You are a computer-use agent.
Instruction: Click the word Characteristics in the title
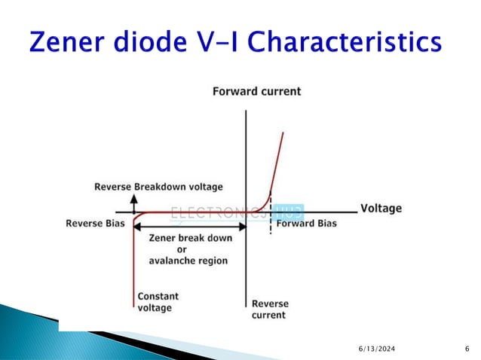pos(346,43)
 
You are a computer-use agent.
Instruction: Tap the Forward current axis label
pos(256,92)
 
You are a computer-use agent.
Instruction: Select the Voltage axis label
pos(381,208)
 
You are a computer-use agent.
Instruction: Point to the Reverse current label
pos(269,309)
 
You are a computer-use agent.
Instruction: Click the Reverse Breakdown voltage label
pos(158,186)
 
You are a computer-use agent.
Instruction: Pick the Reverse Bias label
pos(94,224)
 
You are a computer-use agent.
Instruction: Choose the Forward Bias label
pos(306,224)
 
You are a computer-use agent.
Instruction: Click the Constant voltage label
pos(158,302)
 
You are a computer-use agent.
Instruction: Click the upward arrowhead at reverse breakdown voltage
pos(134,197)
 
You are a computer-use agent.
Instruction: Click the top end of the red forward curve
pos(283,133)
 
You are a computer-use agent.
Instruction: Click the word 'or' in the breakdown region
pos(182,249)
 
